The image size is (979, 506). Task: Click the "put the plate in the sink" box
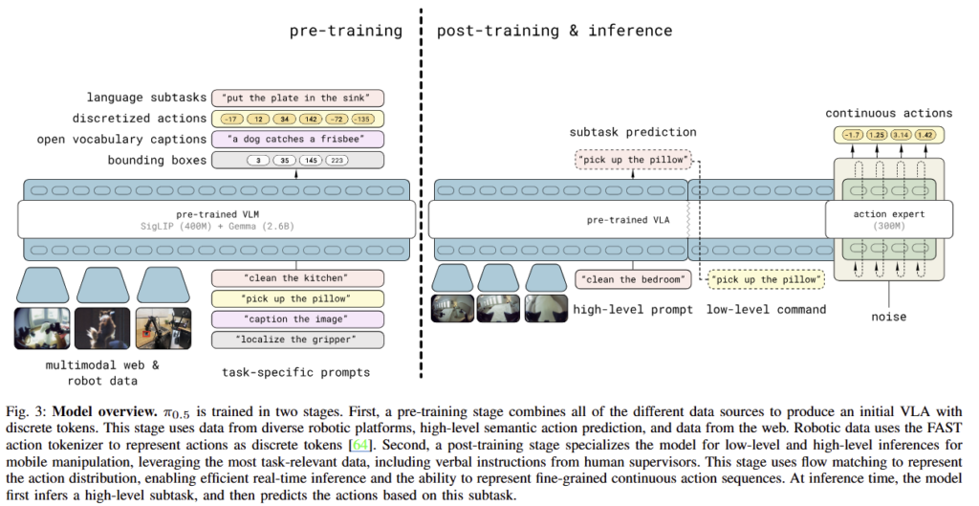[x=298, y=99]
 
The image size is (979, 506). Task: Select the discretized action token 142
[x=311, y=119]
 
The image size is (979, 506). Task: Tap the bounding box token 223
[x=337, y=160]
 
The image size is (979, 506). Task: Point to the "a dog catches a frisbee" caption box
[x=298, y=140]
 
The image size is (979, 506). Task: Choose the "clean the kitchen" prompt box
[x=298, y=278]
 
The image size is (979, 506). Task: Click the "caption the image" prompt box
[x=298, y=319]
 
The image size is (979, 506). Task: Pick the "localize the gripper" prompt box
[x=298, y=340]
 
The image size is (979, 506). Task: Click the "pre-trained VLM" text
[x=217, y=214]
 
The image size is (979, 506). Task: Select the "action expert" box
[x=889, y=219]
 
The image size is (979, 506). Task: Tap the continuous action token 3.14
[x=902, y=134]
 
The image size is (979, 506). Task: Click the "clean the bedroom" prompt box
[x=633, y=279]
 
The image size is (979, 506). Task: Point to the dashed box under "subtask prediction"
[x=634, y=160]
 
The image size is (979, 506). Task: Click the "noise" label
[x=889, y=316]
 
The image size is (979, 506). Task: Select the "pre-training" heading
[x=346, y=31]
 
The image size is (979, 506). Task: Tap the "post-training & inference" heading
[x=555, y=31]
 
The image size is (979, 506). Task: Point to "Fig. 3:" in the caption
[x=27, y=412]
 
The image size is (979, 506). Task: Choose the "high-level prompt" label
[x=633, y=309]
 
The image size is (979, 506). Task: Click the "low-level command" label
[x=766, y=309]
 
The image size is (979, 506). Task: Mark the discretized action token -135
[x=362, y=119]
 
